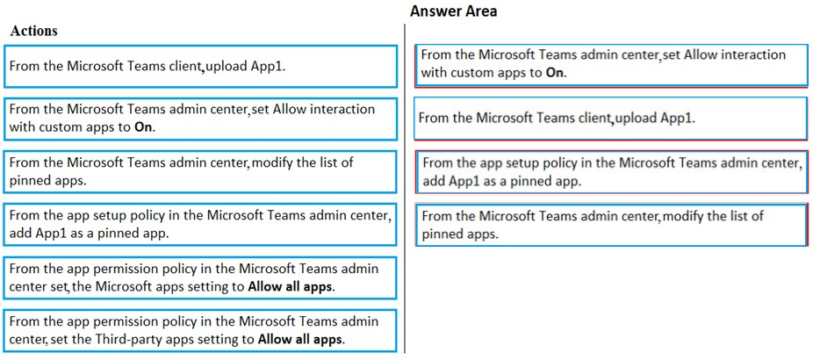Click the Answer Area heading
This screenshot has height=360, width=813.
pyautogui.click(x=453, y=11)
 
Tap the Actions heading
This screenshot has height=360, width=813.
pyautogui.click(x=33, y=31)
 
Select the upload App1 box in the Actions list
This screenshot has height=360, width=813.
pyautogui.click(x=200, y=66)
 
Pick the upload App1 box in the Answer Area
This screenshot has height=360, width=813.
pyautogui.click(x=611, y=119)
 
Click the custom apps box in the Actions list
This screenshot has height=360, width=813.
pyautogui.click(x=200, y=119)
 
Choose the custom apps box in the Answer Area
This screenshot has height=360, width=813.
pyautogui.click(x=611, y=65)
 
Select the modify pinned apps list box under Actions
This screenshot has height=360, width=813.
pyautogui.click(x=200, y=171)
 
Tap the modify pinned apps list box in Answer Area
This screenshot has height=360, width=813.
pyautogui.click(x=611, y=225)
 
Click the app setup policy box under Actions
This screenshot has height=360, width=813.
pyautogui.click(x=200, y=224)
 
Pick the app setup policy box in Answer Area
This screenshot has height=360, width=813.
pyautogui.click(x=611, y=171)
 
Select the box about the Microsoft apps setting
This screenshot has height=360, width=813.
pyautogui.click(x=200, y=277)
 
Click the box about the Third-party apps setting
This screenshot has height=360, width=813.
pyautogui.click(x=200, y=330)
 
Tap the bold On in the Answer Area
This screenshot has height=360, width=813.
pyautogui.click(x=555, y=73)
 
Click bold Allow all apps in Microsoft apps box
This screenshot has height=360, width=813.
pyautogui.click(x=291, y=286)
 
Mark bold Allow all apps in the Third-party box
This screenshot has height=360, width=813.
pyautogui.click(x=299, y=340)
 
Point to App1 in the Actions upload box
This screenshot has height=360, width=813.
pyautogui.click(x=268, y=67)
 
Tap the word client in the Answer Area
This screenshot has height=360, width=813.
pyautogui.click(x=594, y=119)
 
